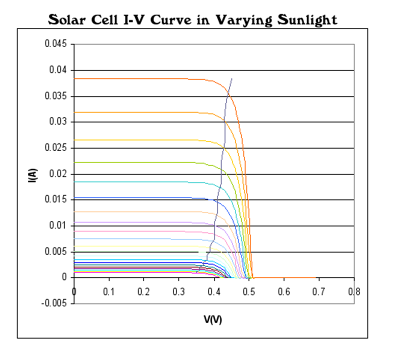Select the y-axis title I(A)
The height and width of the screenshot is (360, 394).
[31, 174]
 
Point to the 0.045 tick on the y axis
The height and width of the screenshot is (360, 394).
[57, 44]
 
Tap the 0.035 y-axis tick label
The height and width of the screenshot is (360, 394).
[57, 96]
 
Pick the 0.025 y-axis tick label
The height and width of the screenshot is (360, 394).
[57, 148]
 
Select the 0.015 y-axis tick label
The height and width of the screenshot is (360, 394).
[57, 200]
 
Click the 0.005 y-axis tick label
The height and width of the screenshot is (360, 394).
[57, 252]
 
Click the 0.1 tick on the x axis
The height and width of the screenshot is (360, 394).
[109, 291]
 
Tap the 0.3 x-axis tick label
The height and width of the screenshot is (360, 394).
[179, 291]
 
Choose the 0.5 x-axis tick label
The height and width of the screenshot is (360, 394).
[249, 291]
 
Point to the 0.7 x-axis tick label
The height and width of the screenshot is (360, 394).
[319, 291]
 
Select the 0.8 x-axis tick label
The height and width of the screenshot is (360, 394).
[354, 291]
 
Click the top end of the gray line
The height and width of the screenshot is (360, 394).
[231, 78]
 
